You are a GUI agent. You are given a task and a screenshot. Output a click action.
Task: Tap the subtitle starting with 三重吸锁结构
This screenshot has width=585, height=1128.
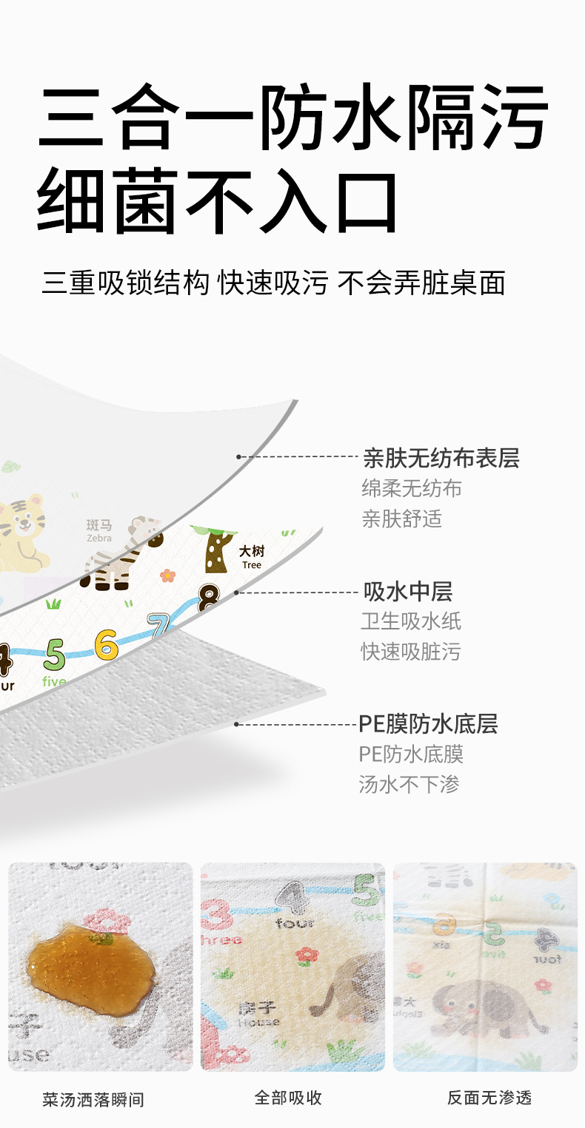pos(273,283)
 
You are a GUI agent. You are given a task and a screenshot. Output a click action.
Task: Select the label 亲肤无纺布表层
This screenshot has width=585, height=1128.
pos(441,459)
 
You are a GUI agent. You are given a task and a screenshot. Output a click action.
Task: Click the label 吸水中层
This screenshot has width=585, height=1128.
pos(407,592)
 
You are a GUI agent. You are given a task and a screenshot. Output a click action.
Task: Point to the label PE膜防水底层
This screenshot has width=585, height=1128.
pos(428,723)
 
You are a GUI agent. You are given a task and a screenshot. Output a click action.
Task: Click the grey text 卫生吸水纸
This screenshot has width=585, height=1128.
pos(411,621)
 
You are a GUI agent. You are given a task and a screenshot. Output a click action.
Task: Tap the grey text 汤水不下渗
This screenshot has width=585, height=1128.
pos(409,784)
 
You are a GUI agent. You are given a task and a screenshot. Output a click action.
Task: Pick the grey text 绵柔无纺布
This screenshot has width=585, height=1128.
pos(412,488)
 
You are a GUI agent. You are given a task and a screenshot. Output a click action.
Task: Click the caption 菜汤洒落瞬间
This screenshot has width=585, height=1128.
pos(93,1099)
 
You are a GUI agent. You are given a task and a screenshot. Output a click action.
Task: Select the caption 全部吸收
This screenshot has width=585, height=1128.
pos(288,1098)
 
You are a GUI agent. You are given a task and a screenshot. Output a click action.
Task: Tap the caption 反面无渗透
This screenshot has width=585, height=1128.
pos(489,1098)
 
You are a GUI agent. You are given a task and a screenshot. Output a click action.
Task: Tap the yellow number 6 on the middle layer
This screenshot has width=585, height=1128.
pos(107,644)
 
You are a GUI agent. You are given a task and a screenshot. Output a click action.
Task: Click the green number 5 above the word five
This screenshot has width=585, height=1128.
pos(55,654)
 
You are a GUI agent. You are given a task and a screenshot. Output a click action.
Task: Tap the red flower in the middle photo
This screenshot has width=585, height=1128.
pos(306,955)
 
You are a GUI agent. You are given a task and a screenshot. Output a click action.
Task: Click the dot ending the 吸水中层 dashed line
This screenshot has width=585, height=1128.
pos(237,592)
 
